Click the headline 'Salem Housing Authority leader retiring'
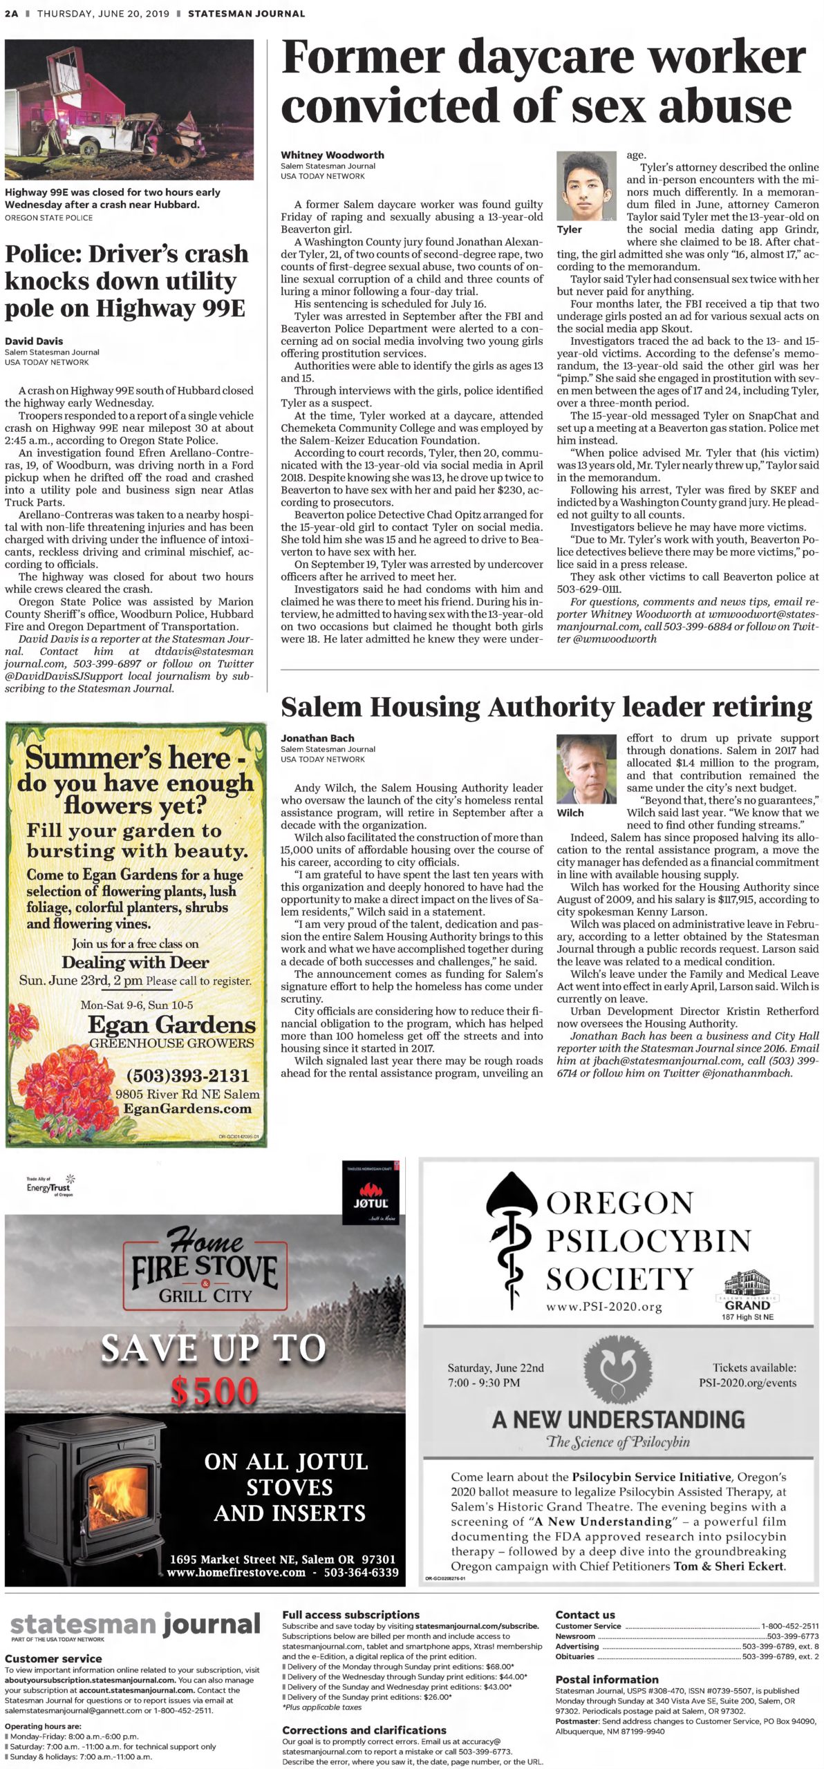[546, 707]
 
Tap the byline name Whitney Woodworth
[332, 155]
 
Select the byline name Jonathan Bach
[317, 738]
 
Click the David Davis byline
[34, 341]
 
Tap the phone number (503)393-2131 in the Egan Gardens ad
[187, 1075]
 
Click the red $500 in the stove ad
[214, 1390]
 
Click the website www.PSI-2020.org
[603, 1307]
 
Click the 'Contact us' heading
[585, 1615]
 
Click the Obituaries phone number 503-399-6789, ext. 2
[780, 1656]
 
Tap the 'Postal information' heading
[607, 1678]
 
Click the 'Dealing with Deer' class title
[135, 962]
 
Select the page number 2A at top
[11, 13]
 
